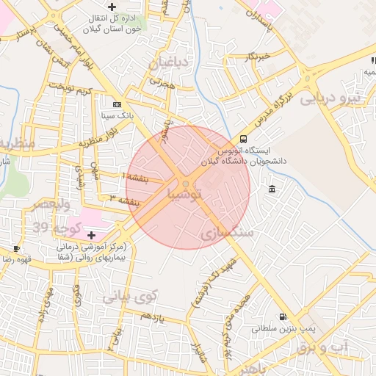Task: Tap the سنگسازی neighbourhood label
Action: click(x=226, y=233)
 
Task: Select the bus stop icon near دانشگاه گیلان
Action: click(x=243, y=139)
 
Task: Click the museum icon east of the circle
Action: click(x=272, y=189)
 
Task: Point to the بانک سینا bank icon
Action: click(x=117, y=105)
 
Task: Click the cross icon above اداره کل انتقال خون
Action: click(x=111, y=7)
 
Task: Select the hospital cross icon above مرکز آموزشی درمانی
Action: click(x=90, y=235)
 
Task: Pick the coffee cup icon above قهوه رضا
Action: click(x=16, y=249)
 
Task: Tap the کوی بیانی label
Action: click(x=130, y=297)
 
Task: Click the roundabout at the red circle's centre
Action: click(x=187, y=184)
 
